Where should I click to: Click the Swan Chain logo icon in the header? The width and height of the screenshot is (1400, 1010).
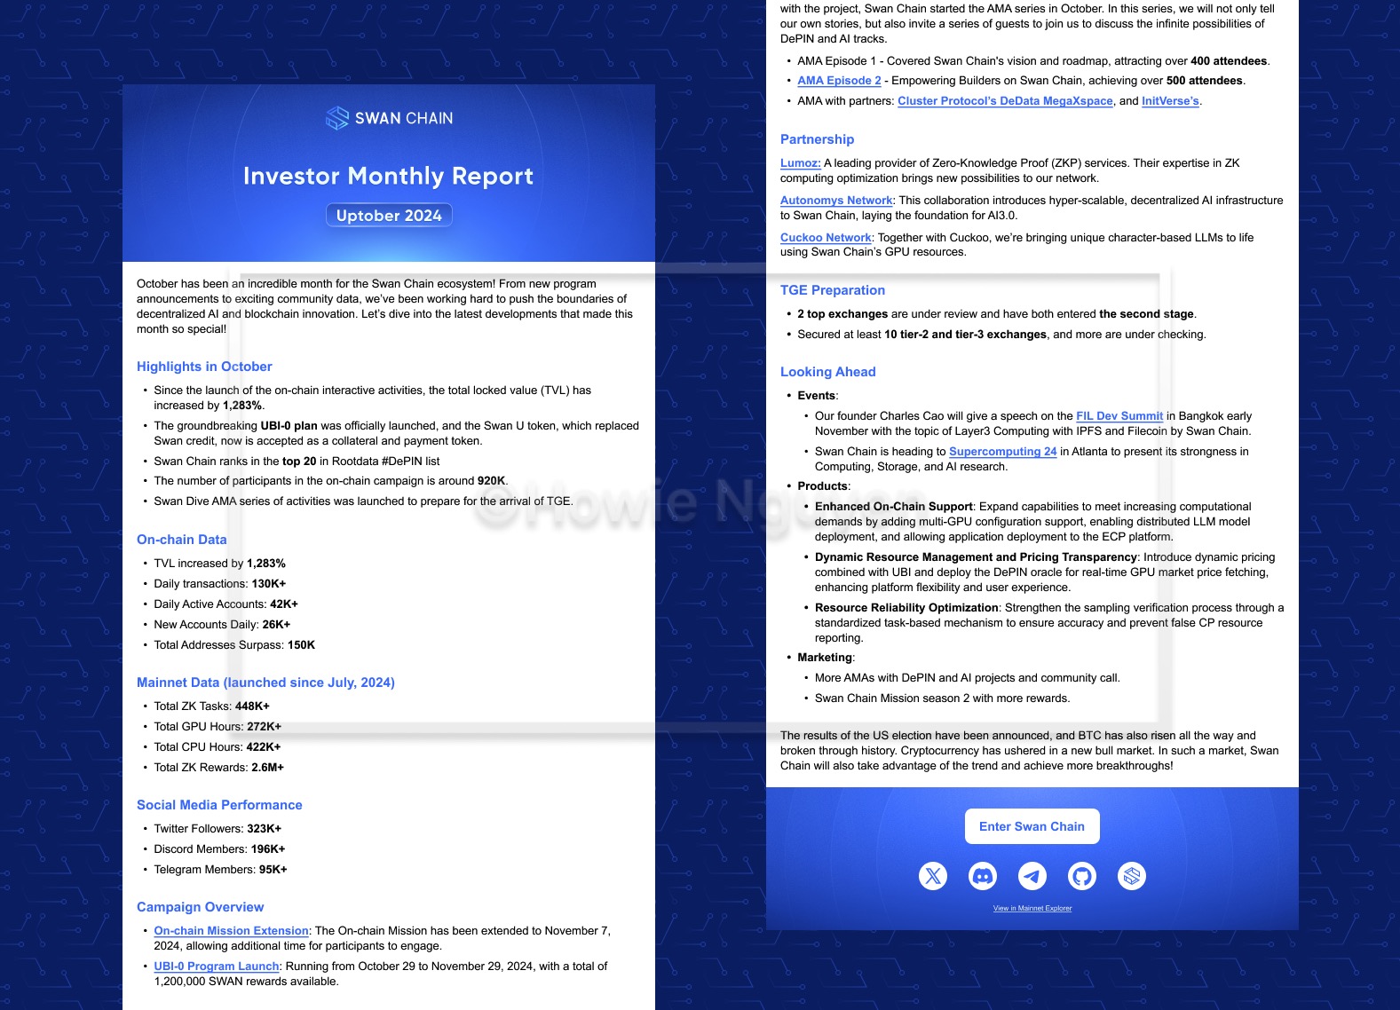337,118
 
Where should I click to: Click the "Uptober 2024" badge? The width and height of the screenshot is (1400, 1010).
389,216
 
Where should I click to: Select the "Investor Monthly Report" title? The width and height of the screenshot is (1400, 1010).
388,176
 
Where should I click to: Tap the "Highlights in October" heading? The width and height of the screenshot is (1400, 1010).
204,367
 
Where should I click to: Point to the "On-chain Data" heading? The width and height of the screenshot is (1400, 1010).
181,540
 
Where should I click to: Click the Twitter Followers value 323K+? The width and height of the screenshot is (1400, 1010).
264,829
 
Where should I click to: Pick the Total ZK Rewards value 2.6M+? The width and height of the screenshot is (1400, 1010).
267,768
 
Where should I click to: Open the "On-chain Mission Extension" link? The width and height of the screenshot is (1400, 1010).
231,931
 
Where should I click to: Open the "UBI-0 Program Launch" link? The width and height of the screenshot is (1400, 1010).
217,967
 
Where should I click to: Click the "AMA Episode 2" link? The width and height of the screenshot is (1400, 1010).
839,81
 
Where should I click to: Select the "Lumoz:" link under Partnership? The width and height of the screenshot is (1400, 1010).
800,163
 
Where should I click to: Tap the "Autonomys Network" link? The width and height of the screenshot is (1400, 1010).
836,201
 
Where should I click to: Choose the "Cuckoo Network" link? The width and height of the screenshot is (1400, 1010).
826,238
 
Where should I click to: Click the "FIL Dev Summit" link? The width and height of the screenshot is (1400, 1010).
1119,416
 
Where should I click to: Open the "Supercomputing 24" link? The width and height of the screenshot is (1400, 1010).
1002,452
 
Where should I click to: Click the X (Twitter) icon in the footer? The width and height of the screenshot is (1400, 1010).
933,877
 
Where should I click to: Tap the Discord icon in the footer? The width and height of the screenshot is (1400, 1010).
983,877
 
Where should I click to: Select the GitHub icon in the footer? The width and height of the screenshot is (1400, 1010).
1082,877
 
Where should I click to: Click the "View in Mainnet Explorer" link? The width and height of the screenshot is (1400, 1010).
1032,909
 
